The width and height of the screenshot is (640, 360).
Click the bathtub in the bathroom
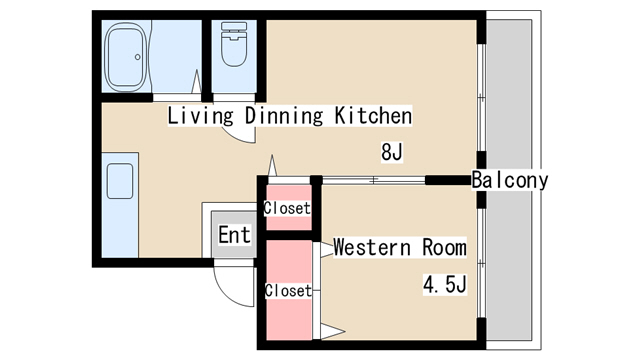point(126,57)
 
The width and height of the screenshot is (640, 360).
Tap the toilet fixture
point(234,44)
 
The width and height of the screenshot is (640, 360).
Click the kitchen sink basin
point(120,181)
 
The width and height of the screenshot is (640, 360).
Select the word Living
point(200,116)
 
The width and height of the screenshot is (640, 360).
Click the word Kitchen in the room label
point(373,116)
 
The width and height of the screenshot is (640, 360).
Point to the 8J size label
point(392,152)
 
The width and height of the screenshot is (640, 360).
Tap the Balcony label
point(510,180)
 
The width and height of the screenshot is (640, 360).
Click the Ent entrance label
point(234,235)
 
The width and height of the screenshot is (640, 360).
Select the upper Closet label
point(287,208)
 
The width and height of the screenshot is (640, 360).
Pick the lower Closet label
point(288,291)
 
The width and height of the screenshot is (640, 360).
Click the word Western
point(372,247)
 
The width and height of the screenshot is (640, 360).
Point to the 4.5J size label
point(444,284)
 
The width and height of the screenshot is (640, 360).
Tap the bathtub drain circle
point(138,57)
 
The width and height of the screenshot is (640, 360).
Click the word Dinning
point(284,116)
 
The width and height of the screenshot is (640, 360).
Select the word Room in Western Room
point(444,247)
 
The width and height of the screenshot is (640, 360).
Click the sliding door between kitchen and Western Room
point(373,180)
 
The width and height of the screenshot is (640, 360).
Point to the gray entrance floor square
point(234,234)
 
